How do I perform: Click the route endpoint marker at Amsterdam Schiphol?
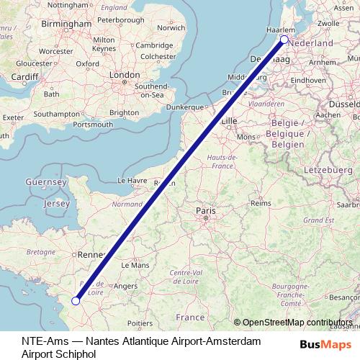[x=284, y=40]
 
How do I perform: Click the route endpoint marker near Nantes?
[x=76, y=301]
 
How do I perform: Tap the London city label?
[x=124, y=74]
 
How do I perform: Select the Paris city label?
[x=206, y=210]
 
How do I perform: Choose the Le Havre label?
[x=132, y=181]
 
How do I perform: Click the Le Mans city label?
[x=135, y=265]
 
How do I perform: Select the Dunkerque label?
[x=186, y=107]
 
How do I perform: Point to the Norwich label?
[x=171, y=29]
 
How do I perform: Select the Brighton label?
[x=124, y=113]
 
